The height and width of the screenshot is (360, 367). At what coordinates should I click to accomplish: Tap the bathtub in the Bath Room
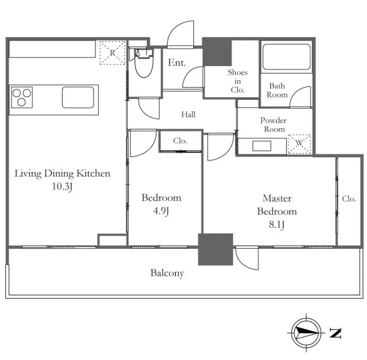(286, 57)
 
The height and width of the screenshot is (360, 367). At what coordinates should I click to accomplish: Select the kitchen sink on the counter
(78, 97)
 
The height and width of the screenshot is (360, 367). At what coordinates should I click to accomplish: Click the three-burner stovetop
(22, 97)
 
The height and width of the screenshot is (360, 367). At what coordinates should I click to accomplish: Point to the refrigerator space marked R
(112, 53)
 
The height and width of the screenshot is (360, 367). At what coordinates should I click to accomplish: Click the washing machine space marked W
(300, 144)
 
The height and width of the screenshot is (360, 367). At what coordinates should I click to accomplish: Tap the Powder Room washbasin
(262, 146)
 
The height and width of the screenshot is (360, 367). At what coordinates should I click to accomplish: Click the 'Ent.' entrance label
(177, 63)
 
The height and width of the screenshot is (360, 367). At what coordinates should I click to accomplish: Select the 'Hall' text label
(189, 115)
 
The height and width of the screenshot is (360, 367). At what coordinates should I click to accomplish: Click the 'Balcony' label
(168, 273)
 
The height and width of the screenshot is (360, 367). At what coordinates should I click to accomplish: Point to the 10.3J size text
(62, 187)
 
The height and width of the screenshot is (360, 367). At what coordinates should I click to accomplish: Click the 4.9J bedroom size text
(161, 211)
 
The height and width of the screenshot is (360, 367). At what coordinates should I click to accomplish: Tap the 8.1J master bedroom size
(277, 224)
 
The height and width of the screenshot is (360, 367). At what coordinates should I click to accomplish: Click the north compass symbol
(306, 332)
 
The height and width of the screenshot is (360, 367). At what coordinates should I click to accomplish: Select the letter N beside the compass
(335, 333)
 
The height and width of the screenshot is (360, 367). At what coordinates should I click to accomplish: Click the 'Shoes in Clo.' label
(238, 81)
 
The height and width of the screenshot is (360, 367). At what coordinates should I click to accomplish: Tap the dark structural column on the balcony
(215, 249)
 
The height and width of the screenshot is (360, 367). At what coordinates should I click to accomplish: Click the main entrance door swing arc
(177, 28)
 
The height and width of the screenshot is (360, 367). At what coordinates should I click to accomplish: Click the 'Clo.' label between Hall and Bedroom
(180, 141)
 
